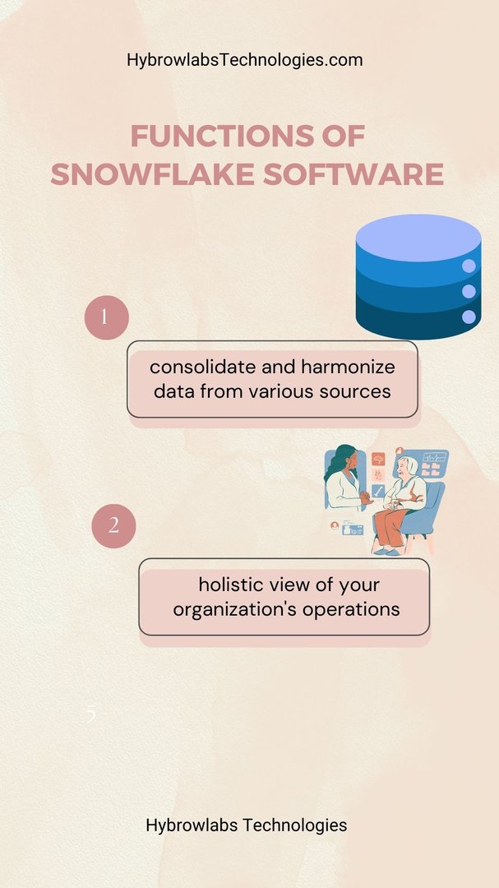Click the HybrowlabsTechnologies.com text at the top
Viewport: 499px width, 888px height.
[x=245, y=60]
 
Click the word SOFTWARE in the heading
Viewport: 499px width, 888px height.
[x=353, y=174]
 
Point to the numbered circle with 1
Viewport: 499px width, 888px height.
[x=107, y=317]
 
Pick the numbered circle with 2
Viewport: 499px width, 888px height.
[x=113, y=526]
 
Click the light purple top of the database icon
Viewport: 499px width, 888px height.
[x=418, y=238]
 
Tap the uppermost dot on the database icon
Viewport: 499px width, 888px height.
[x=469, y=266]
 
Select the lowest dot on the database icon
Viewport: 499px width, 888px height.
[x=469, y=317]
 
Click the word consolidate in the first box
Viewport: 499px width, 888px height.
[x=202, y=367]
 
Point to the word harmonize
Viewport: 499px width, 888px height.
[x=348, y=367]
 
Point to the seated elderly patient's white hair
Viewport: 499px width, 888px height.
[x=409, y=465]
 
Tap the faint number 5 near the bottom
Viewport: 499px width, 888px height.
[x=91, y=715]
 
